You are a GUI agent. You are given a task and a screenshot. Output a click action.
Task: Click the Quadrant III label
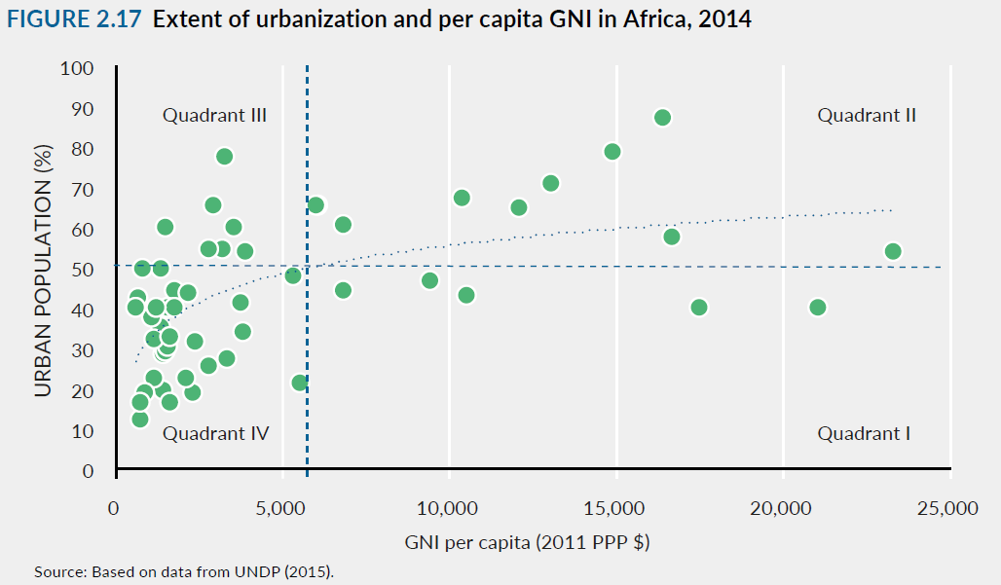tap(214, 116)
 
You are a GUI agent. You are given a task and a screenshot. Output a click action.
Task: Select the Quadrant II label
tap(867, 116)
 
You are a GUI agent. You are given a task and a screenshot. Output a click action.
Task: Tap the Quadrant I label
tap(864, 433)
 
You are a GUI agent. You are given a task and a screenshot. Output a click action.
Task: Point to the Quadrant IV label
tap(215, 433)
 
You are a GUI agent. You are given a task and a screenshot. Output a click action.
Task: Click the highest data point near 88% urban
tap(662, 118)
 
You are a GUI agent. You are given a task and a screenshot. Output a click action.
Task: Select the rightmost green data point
tap(892, 251)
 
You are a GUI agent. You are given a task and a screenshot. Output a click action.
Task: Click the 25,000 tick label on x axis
tap(948, 508)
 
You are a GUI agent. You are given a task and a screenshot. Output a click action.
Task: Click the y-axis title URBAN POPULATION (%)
tap(43, 270)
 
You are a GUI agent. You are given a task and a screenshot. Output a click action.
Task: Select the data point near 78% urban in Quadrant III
tap(224, 157)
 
